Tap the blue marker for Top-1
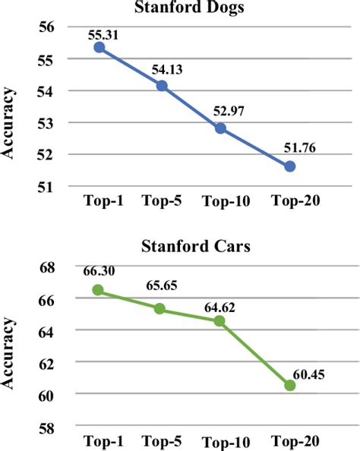(99, 47)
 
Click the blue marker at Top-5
(162, 86)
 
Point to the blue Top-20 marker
(289, 166)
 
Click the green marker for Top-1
(99, 290)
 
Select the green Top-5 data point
(159, 308)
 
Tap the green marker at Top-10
(220, 320)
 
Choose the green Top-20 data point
(289, 385)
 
